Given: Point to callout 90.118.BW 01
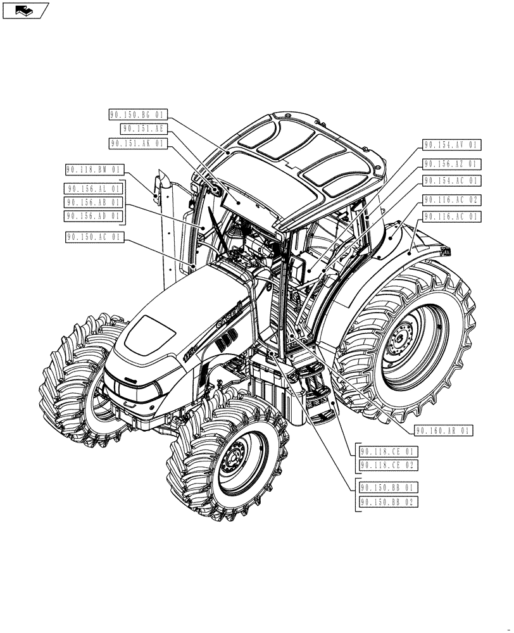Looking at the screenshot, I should pyautogui.click(x=94, y=170).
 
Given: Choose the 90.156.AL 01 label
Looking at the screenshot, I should pyautogui.click(x=94, y=188).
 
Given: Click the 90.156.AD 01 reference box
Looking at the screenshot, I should pyautogui.click(x=94, y=216).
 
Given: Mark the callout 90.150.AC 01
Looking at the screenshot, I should pyautogui.click(x=94, y=237).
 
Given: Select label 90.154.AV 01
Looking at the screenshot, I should pyautogui.click(x=452, y=145).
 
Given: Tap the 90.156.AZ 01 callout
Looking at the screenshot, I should pyautogui.click(x=452, y=164).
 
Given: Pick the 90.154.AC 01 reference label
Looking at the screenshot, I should pyautogui.click(x=452, y=181).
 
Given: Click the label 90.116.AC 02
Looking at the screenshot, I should pyautogui.click(x=452, y=199).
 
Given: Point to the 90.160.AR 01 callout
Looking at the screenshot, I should pyautogui.click(x=444, y=431).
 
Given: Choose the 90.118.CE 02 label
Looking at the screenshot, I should pyautogui.click(x=389, y=465).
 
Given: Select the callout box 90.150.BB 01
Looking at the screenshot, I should pyautogui.click(x=389, y=487).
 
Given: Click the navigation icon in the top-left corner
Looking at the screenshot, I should pyautogui.click(x=25, y=9).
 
